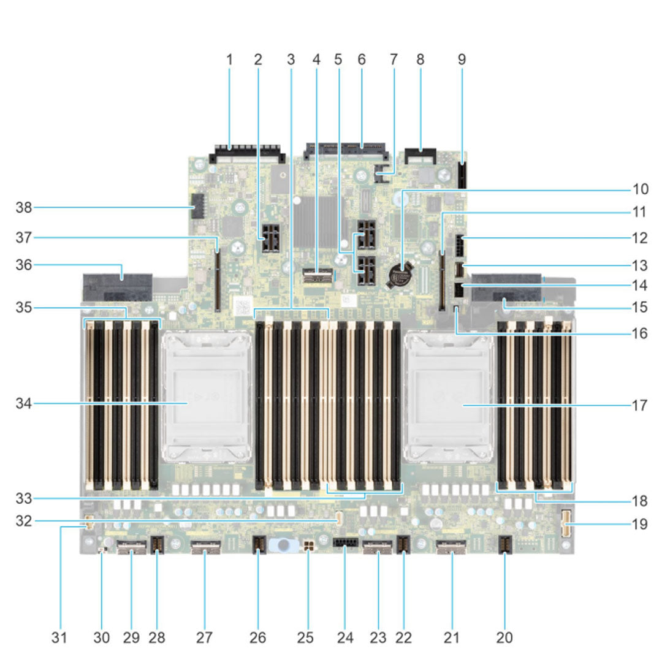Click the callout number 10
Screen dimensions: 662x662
[x=640, y=189]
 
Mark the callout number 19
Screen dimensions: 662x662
[x=640, y=524]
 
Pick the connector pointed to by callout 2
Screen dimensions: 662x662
[x=269, y=245]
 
